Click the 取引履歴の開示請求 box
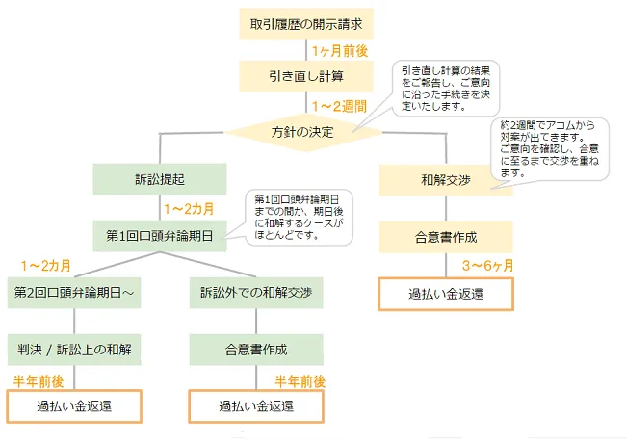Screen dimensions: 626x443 (x=306, y=24)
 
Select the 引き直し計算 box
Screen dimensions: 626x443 (x=306, y=76)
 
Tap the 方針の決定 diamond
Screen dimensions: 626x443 (x=304, y=132)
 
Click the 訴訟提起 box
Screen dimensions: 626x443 (x=160, y=179)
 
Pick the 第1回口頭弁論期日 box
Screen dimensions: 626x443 (x=160, y=236)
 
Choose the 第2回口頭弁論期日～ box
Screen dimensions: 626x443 (x=74, y=293)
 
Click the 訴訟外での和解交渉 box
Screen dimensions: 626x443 (x=256, y=293)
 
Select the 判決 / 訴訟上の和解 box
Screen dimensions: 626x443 (x=74, y=350)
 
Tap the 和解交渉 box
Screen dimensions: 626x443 (x=446, y=180)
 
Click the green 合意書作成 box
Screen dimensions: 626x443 (x=256, y=350)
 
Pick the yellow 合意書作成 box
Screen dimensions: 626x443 (x=446, y=238)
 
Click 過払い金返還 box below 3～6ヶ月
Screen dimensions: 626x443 (x=446, y=294)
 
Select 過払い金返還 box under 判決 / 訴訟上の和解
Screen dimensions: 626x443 (x=74, y=406)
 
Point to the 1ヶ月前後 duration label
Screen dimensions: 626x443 (x=340, y=51)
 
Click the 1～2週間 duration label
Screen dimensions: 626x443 (x=339, y=107)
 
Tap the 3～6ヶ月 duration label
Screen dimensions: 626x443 (x=488, y=266)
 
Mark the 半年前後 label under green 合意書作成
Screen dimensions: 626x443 (x=300, y=381)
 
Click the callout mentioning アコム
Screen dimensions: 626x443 (x=549, y=149)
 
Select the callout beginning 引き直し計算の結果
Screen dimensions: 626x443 (x=446, y=89)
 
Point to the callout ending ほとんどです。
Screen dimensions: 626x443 (x=299, y=217)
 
